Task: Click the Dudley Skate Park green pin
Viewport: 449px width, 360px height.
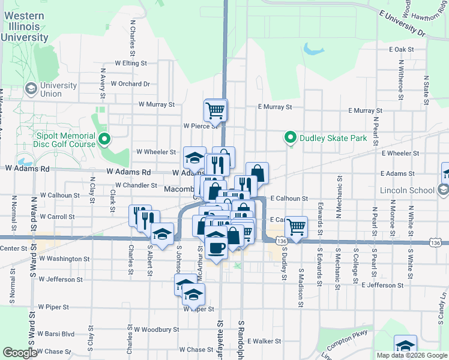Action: click(x=291, y=138)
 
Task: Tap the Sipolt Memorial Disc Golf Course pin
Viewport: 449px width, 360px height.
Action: click(x=105, y=140)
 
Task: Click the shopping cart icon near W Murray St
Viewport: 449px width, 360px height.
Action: click(x=215, y=110)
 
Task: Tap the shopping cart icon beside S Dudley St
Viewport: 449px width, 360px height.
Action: click(x=296, y=227)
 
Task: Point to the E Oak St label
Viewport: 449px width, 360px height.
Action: click(x=402, y=49)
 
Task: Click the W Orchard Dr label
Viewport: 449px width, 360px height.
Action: click(x=130, y=84)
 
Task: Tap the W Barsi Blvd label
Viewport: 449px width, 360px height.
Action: click(x=56, y=334)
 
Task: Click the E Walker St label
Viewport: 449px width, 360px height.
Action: click(x=264, y=341)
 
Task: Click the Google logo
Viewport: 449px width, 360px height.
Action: click(x=20, y=353)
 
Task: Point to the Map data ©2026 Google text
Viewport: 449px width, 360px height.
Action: click(x=412, y=355)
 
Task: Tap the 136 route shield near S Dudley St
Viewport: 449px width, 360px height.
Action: click(x=282, y=241)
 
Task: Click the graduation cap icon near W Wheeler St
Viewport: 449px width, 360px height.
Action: click(x=194, y=158)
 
